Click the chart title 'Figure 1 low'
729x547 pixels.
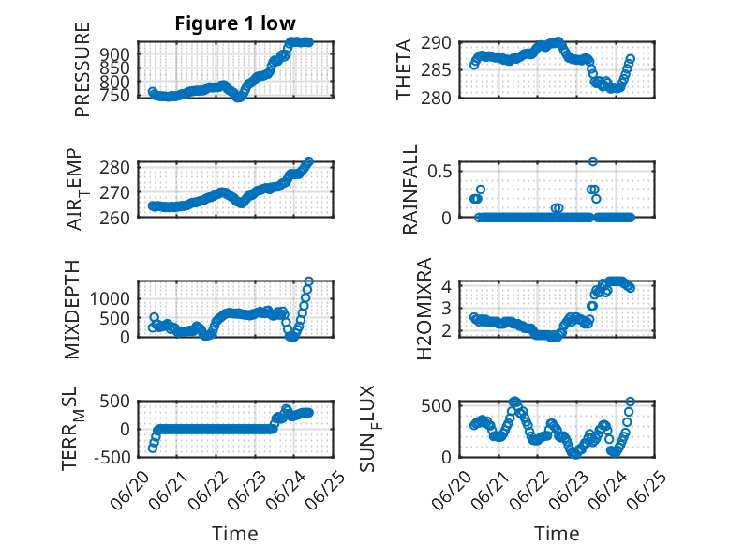235,23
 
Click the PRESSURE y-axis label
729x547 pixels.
82,69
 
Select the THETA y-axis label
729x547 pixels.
404,69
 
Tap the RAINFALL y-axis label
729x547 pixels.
410,190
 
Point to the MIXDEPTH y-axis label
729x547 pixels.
72,310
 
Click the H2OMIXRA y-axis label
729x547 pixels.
424,309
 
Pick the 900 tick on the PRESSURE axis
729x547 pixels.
115,54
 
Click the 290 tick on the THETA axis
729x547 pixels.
437,43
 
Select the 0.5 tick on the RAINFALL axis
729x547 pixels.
439,171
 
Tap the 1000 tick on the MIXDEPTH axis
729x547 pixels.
111,298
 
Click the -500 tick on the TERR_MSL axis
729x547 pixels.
112,457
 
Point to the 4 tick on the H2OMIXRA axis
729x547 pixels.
447,285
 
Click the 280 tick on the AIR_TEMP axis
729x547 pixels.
115,167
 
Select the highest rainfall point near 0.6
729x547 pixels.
593,161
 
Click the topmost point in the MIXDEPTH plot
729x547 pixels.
308,281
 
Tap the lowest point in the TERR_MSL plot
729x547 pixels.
152,448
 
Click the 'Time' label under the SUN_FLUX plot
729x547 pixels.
557,534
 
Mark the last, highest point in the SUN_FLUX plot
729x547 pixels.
631,402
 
